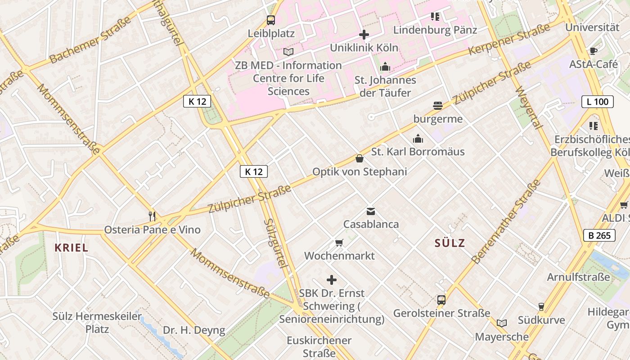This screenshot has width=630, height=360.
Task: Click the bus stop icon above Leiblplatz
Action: (x=270, y=20)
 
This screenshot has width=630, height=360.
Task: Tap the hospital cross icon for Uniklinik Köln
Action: (x=364, y=34)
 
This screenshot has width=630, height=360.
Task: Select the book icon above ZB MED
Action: (x=288, y=52)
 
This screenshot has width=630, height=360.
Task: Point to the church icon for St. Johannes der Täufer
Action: (x=385, y=67)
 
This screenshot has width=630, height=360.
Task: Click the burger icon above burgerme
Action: (x=438, y=106)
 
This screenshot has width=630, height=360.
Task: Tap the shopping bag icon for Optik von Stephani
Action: (x=359, y=158)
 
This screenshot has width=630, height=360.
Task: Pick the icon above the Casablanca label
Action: (x=371, y=211)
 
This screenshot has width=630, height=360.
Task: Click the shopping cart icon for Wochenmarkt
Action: (x=339, y=243)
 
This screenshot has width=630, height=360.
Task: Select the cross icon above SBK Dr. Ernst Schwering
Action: (x=332, y=280)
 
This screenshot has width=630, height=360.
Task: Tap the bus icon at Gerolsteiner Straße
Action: (x=441, y=300)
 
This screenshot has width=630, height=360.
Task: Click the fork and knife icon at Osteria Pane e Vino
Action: (x=152, y=216)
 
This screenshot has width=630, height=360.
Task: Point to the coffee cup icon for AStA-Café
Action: (x=593, y=51)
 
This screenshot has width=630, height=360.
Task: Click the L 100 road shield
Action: (x=598, y=102)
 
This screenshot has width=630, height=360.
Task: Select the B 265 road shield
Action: (x=599, y=235)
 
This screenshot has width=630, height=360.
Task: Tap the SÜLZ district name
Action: (x=450, y=243)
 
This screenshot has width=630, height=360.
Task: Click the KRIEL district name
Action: (x=71, y=247)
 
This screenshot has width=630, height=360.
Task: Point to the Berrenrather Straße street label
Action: (x=506, y=221)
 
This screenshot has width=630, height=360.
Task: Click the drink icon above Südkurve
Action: (x=541, y=307)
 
